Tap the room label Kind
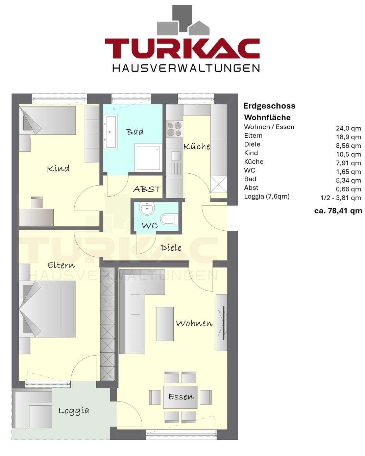(58, 168)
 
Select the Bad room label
(135, 132)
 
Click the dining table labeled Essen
(180, 397)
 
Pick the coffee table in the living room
(165, 324)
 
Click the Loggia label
(74, 411)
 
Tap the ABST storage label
(147, 189)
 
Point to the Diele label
(171, 248)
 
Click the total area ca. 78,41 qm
(338, 211)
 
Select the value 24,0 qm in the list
(348, 128)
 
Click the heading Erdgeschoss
(269, 106)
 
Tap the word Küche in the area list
(253, 162)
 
